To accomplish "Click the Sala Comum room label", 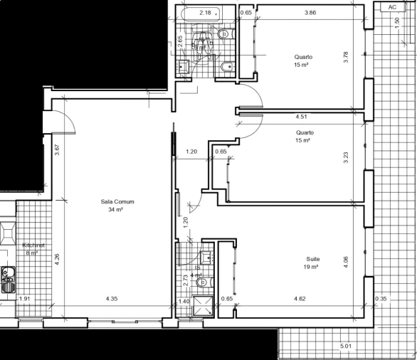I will click(x=117, y=202).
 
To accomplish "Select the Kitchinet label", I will click(x=33, y=245).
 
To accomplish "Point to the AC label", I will click(x=393, y=6).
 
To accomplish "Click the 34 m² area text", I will click(x=117, y=210).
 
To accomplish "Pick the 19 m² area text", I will click(x=310, y=268).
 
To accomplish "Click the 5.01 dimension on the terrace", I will click(x=347, y=346).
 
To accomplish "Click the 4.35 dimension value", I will click(x=112, y=299).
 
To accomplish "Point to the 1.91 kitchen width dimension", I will click(x=25, y=299).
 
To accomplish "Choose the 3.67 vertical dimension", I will click(x=57, y=150).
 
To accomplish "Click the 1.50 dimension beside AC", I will click(x=396, y=21).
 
